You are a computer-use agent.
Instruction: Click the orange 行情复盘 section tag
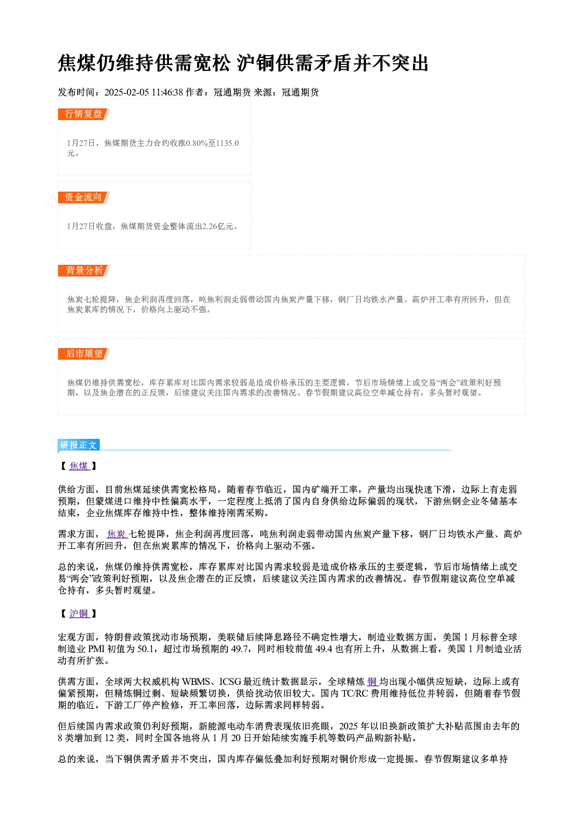pos(84,114)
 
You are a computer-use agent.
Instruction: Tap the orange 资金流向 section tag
pos(84,197)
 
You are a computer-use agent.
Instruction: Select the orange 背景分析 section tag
pos(84,271)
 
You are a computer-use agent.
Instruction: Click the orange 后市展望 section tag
pos(84,354)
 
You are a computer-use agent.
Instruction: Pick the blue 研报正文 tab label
pos(79,445)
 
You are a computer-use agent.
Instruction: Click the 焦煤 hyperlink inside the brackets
pos(79,466)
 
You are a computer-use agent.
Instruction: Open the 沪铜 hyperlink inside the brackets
pos(79,613)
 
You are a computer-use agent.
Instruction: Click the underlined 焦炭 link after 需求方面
pos(117,534)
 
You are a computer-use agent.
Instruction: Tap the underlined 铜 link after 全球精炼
pos(373,681)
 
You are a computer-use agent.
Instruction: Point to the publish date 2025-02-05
pos(127,93)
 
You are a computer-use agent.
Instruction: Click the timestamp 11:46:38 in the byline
pos(167,93)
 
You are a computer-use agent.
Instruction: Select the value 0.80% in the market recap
pos(198,143)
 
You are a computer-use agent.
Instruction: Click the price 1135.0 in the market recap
pos(228,143)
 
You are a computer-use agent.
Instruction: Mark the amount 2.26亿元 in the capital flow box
pos(218,226)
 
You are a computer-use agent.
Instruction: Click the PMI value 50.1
pos(145,649)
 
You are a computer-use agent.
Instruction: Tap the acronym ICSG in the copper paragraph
pos(230,681)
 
